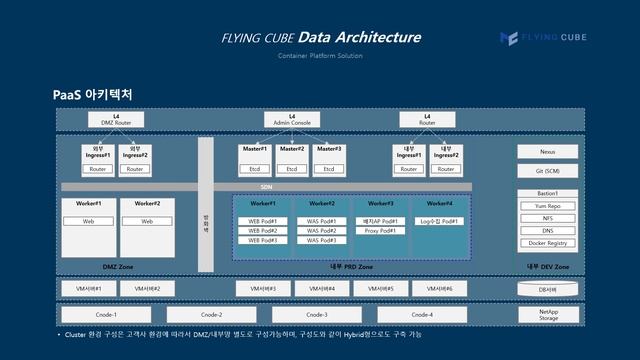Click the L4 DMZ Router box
pos(116,119)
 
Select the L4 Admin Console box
pos(292,119)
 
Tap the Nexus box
pos(547,152)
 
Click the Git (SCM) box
pos(547,171)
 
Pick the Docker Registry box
pos(547,243)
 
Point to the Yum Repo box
pos(547,205)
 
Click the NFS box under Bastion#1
pos(547,218)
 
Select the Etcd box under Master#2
pos(291,169)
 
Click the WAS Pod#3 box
pos(321,240)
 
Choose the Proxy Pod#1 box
pos(380,231)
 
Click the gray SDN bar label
pos(266,187)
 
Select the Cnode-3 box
pos(316,314)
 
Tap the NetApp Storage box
pos(548,314)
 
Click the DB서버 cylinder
pos(547,288)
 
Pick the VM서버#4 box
pos(321,288)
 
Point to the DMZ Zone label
pos(118,267)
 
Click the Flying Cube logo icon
pos(508,38)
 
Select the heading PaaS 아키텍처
pos(93,94)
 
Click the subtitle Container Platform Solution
pos(320,56)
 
